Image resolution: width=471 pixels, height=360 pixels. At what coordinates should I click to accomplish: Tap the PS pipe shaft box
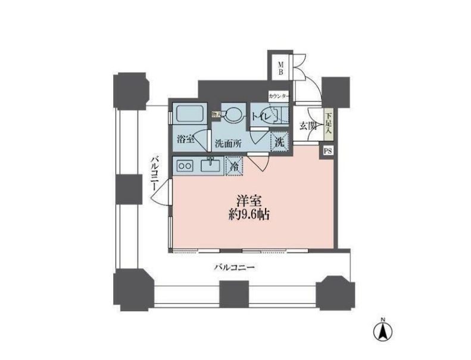pyautogui.click(x=328, y=151)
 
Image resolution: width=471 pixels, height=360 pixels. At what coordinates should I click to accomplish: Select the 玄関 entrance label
pyautogui.click(x=307, y=126)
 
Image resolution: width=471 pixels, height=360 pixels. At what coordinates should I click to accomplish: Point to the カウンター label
pyautogui.click(x=279, y=96)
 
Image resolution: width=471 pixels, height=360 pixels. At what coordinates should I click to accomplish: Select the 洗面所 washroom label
pyautogui.click(x=228, y=144)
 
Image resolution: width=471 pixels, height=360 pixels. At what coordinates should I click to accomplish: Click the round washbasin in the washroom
pyautogui.click(x=236, y=114)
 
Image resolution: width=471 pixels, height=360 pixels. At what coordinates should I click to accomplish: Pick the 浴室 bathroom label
pyautogui.click(x=186, y=140)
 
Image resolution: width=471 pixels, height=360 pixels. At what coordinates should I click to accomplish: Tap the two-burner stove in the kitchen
pyautogui.click(x=184, y=166)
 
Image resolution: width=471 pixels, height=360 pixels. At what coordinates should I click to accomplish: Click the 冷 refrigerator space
pyautogui.click(x=235, y=167)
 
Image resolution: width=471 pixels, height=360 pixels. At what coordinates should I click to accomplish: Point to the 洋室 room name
pyautogui.click(x=248, y=200)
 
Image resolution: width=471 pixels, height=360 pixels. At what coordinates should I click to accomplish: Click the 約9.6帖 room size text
pyautogui.click(x=248, y=215)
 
